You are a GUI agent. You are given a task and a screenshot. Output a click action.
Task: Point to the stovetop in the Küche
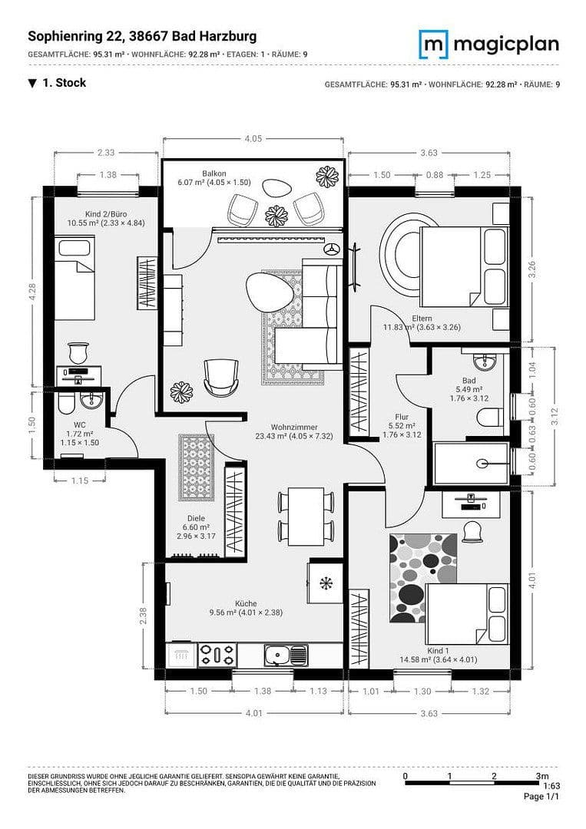(x=217, y=655)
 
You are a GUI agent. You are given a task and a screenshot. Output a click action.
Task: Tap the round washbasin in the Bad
(x=483, y=362)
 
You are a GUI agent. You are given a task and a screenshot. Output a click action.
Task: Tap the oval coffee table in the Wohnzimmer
(x=268, y=290)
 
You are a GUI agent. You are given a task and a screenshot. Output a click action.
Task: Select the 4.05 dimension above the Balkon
(x=253, y=139)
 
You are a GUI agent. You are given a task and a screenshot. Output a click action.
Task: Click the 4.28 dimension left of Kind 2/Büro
(x=33, y=292)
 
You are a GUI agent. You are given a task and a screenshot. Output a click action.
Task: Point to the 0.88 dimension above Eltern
(x=435, y=175)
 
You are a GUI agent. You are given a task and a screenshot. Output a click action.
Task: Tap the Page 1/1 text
(x=541, y=797)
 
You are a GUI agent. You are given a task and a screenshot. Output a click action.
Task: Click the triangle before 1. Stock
(x=32, y=83)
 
